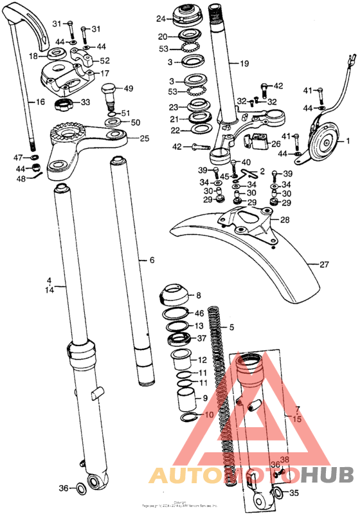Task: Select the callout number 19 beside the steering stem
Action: pos(244,64)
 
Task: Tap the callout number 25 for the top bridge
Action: pos(145,138)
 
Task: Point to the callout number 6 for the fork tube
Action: pos(152,261)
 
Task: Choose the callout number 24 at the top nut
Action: pos(161,19)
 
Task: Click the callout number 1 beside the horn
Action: pos(348,140)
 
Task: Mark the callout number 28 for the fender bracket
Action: pos(284,220)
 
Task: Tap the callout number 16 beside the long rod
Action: pos(40,102)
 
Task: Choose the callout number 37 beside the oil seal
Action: pos(201,338)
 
